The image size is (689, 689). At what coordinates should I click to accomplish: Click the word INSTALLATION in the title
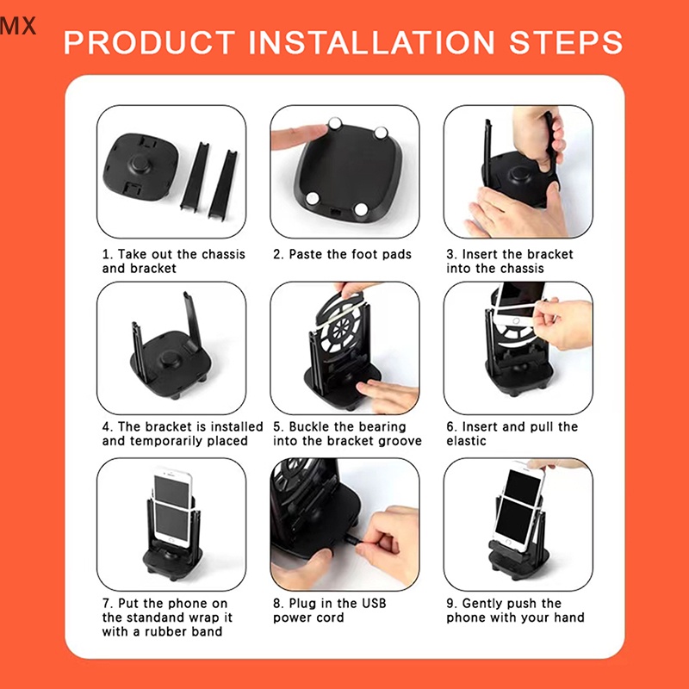coord(371,42)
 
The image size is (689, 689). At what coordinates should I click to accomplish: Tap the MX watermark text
coord(18,26)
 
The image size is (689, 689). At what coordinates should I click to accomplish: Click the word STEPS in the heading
coord(566,42)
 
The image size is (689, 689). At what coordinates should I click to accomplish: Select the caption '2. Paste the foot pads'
coord(342,254)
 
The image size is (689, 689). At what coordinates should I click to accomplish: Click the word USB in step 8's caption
coord(374,604)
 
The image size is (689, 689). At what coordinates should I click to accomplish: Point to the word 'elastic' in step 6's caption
coord(466,441)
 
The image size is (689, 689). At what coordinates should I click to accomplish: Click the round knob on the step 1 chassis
coord(140,165)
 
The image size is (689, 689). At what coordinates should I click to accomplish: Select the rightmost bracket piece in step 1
coord(223,183)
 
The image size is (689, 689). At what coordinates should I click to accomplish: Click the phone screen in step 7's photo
coord(171,511)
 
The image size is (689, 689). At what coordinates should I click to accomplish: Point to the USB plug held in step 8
coord(351,537)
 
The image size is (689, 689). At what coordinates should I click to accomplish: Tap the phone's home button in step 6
coord(517,322)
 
